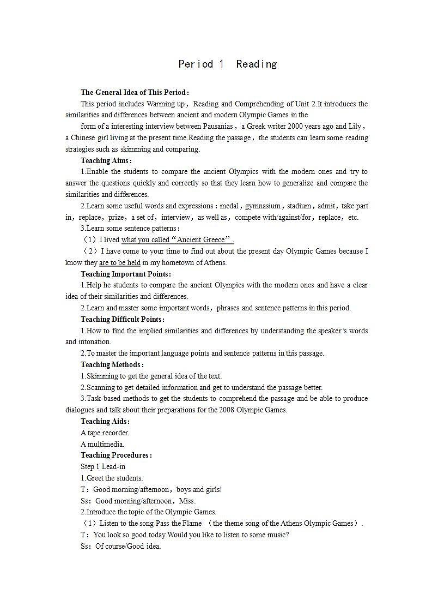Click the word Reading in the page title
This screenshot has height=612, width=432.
coord(257,64)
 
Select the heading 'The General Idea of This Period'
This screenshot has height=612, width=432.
coord(134,92)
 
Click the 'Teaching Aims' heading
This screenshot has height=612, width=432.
coord(106,160)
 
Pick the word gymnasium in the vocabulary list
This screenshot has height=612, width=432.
coord(263,206)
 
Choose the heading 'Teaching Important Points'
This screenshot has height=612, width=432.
coord(125,274)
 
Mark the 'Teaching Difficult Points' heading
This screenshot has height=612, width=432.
coord(122,319)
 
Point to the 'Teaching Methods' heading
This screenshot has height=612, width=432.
coord(112,364)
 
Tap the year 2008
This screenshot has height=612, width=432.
coord(227,410)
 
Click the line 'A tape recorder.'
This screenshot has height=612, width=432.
coord(105,433)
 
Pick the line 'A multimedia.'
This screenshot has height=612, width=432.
coord(102,444)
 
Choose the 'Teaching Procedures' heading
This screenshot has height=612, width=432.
coord(116,455)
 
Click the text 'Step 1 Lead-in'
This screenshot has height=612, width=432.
coord(103,466)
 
